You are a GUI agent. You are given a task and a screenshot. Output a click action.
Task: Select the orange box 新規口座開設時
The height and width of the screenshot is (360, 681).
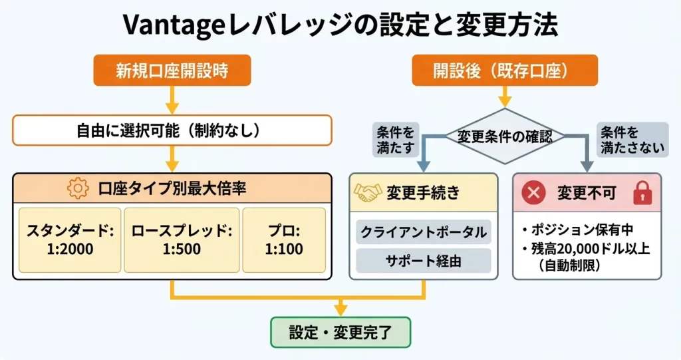coord(172,70)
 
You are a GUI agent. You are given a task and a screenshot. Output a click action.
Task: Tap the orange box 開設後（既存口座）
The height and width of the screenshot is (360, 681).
coord(505,70)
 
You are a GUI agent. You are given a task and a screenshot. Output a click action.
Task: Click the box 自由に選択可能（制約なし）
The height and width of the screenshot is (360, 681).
coord(172,130)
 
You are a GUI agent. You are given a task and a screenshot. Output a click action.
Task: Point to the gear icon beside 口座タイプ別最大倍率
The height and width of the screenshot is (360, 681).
coord(78,189)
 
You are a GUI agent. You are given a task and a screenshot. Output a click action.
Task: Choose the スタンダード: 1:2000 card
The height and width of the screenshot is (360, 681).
coord(70,240)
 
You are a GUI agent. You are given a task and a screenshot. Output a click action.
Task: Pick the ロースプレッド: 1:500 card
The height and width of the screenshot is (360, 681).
coord(181,240)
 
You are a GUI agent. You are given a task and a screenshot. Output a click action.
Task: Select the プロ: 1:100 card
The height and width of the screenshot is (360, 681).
coord(283,240)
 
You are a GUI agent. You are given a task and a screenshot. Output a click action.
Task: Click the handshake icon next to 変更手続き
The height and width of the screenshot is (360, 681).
coord(368,193)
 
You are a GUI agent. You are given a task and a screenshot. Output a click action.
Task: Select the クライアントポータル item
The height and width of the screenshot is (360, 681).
coord(424,233)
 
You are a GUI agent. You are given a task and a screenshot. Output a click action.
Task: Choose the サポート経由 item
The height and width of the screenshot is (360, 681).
coord(424,260)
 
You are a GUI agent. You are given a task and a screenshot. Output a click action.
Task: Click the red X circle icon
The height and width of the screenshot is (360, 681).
coord(533,194)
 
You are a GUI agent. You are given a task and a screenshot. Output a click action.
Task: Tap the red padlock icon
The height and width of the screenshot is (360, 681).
coord(642,193)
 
